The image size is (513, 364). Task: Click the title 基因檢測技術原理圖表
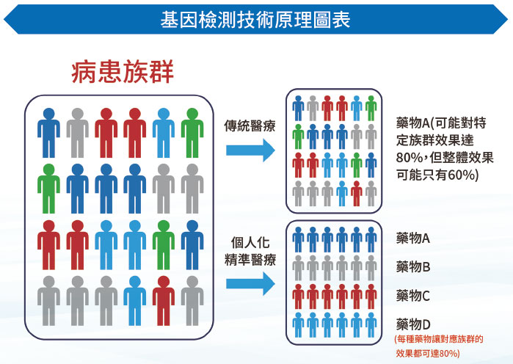(x=255, y=19)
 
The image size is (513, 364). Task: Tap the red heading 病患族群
(x=123, y=72)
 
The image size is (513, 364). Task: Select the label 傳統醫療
(x=250, y=125)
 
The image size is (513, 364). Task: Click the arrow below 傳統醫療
(x=250, y=150)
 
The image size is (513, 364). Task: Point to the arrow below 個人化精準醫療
(x=250, y=284)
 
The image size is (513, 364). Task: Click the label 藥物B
(x=413, y=267)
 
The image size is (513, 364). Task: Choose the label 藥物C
(x=413, y=296)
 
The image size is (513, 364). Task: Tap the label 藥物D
(x=413, y=324)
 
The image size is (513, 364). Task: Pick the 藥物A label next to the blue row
(x=413, y=238)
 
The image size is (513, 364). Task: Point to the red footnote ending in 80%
(x=439, y=346)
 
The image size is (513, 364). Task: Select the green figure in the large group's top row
(x=192, y=133)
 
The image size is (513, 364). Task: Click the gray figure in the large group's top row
(x=78, y=133)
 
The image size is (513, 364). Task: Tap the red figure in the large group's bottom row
(x=164, y=301)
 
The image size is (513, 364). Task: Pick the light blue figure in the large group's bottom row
(x=135, y=301)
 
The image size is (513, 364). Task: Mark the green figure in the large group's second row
(x=48, y=189)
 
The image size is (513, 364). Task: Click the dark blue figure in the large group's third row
(x=192, y=245)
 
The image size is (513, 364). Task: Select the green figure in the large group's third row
(x=164, y=245)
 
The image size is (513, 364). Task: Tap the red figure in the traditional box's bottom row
(x=356, y=193)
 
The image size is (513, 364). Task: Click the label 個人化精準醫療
(x=250, y=251)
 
